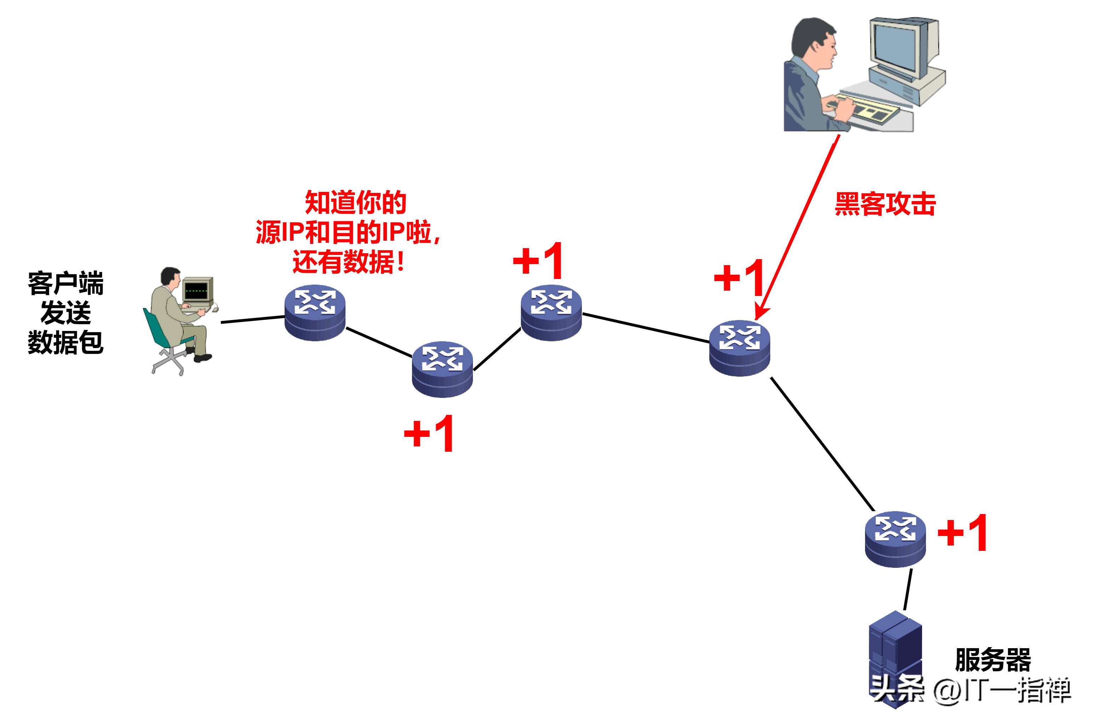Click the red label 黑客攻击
[x=885, y=204]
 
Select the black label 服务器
[x=993, y=660]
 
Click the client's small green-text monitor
[x=198, y=290]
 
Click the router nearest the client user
[x=315, y=313]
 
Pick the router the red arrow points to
[x=739, y=348]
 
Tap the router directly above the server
[x=895, y=539]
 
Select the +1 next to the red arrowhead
[x=739, y=278]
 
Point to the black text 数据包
[x=65, y=342]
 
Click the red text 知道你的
[x=355, y=202]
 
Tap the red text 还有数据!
[x=349, y=262]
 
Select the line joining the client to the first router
[x=253, y=320]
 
